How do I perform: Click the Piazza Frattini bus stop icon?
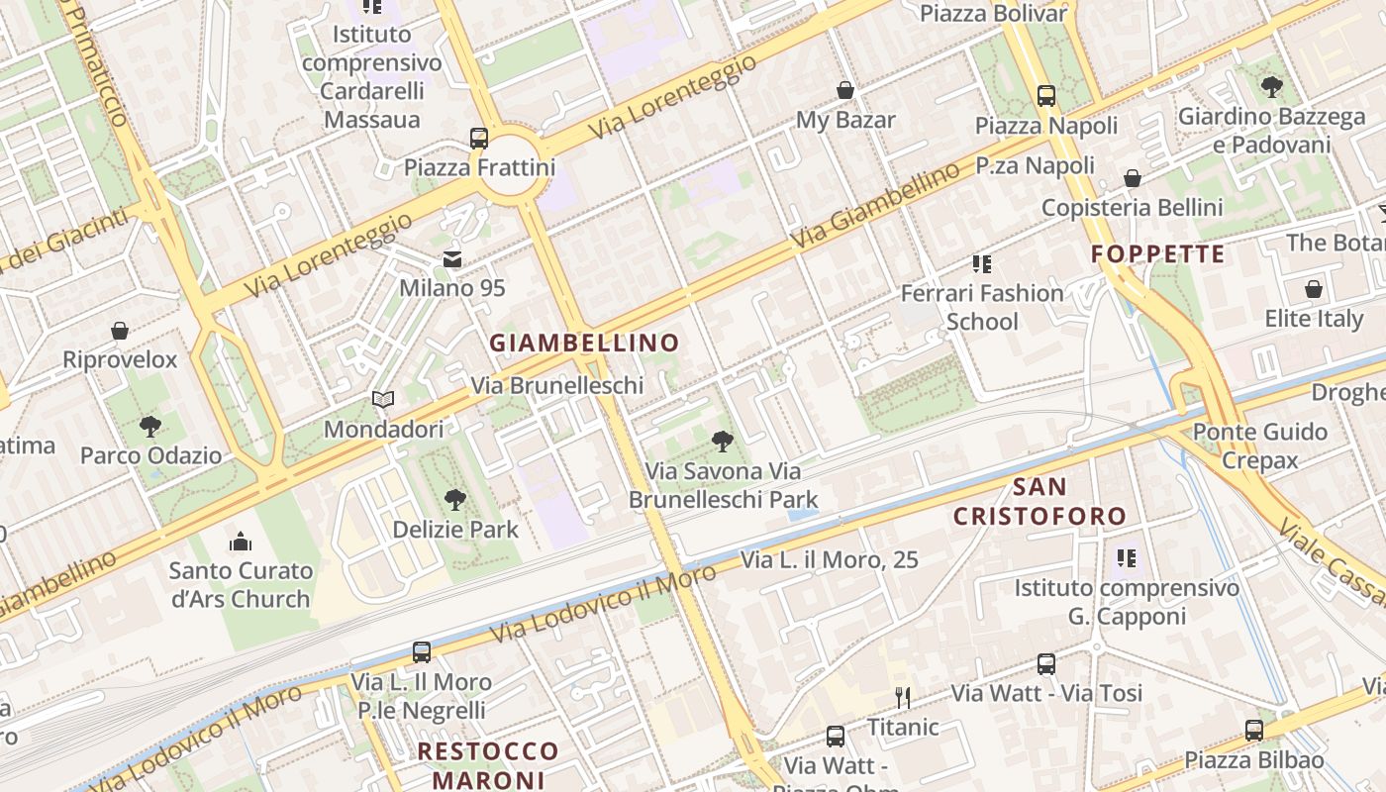point(479,138)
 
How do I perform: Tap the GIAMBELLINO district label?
point(585,344)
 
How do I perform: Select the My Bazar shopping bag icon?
point(845,90)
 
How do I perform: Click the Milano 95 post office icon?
point(452,259)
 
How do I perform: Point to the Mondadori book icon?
point(383,399)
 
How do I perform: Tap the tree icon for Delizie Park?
point(455,499)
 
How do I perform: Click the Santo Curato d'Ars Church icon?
point(241,542)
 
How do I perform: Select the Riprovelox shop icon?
point(120,330)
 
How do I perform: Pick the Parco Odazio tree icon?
point(150,427)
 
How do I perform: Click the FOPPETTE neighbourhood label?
point(1158,254)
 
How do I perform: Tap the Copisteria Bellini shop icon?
point(1133,178)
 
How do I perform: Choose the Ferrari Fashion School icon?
point(982,263)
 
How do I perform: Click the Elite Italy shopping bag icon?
point(1314,289)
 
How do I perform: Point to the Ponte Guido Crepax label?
point(1259,445)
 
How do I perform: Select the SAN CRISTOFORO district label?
point(1039,501)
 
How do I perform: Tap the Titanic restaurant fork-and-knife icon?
point(902,697)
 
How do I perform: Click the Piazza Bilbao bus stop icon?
point(1254,731)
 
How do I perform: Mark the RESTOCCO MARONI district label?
point(488,764)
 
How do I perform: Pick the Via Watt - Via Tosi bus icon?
point(1046,663)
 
